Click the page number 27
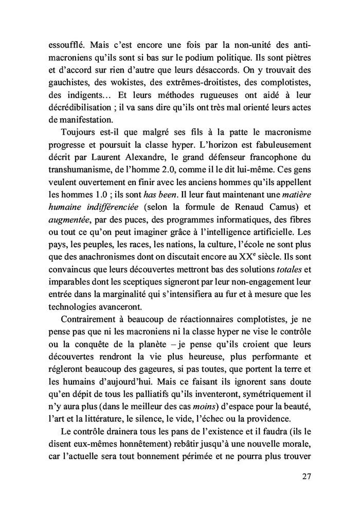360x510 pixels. click(x=307, y=477)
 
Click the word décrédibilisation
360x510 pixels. click(x=78, y=109)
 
